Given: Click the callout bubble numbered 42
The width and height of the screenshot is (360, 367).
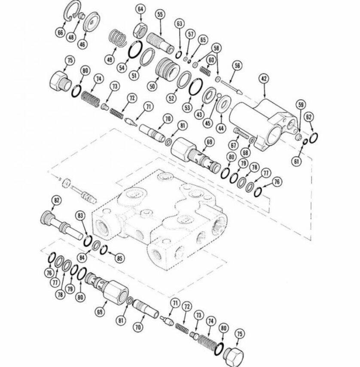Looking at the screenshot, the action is pos(264,79).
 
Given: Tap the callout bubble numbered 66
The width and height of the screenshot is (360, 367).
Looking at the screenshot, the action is pos(60,32).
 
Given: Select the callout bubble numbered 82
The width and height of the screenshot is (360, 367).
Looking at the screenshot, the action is pos(56,200).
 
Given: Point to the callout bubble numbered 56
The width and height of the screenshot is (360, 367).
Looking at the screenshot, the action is pos(237,66).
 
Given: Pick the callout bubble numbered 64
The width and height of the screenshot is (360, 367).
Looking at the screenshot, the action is pos(140,9).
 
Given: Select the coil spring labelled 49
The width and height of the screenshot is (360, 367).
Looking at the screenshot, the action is pos(118,38).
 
